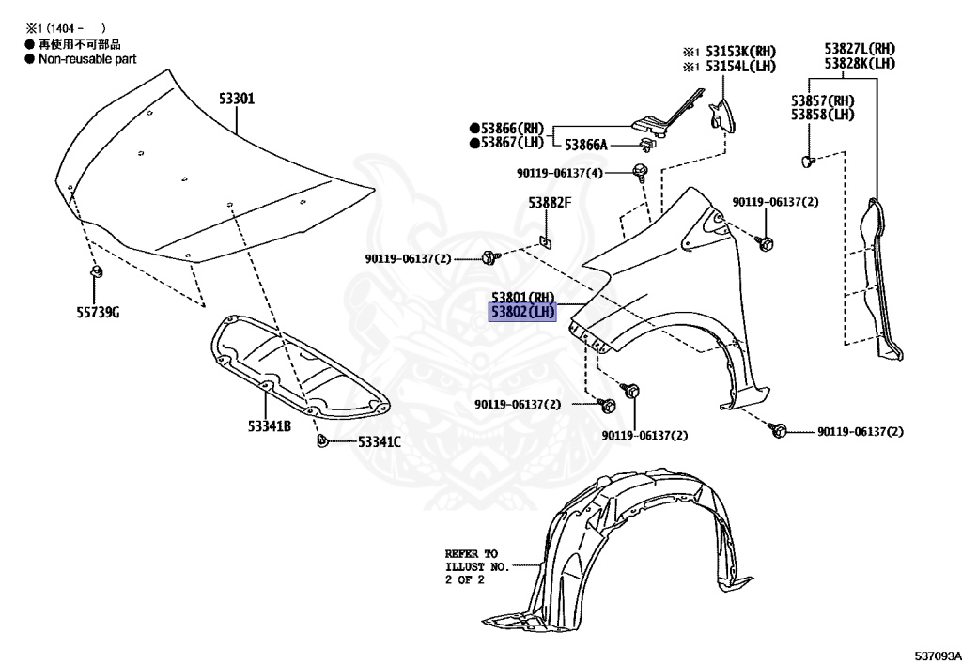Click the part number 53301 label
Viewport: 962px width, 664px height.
click(237, 98)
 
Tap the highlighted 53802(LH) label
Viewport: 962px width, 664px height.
click(522, 312)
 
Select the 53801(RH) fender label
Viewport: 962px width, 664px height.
click(522, 298)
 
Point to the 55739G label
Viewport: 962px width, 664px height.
click(98, 312)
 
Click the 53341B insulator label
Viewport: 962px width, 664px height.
click(270, 426)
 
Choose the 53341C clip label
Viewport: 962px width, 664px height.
click(379, 441)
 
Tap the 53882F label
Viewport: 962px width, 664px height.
click(549, 202)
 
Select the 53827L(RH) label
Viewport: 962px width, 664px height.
click(860, 48)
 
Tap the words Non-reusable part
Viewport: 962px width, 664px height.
click(86, 58)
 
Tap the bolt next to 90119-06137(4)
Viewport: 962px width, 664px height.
click(641, 171)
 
